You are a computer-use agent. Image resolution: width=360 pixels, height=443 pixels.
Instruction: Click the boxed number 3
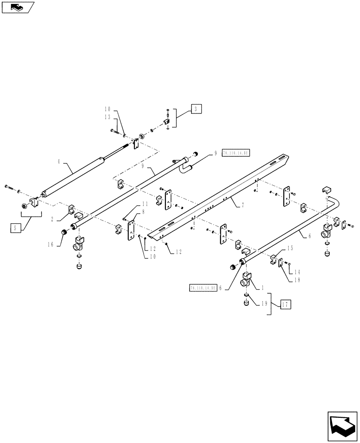point(196,108)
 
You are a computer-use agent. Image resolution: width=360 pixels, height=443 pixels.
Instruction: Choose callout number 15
point(290,249)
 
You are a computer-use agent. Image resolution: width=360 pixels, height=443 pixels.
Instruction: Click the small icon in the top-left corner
point(18,7)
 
